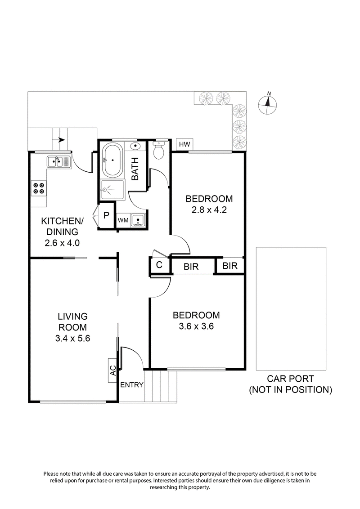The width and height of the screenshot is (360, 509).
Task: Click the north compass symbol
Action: tap(268, 104)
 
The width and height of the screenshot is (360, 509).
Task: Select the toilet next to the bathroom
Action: tap(159, 151)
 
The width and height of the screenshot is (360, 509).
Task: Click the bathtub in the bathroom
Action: tap(111, 160)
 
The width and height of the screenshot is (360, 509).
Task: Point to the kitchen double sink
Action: tap(58, 161)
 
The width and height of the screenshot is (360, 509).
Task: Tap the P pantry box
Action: tap(106, 215)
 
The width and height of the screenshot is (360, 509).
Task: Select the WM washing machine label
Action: tap(123, 220)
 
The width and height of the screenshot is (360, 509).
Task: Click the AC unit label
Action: tap(113, 371)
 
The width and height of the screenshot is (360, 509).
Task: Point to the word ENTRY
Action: tap(132, 385)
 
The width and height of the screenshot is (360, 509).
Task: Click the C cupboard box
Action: tap(159, 265)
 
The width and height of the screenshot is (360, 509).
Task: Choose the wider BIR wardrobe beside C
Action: tap(192, 266)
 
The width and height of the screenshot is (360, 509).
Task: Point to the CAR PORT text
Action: tap(290, 379)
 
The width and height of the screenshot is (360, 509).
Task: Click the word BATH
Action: tap(135, 171)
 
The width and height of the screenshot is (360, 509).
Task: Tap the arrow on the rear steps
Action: tap(61, 140)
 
